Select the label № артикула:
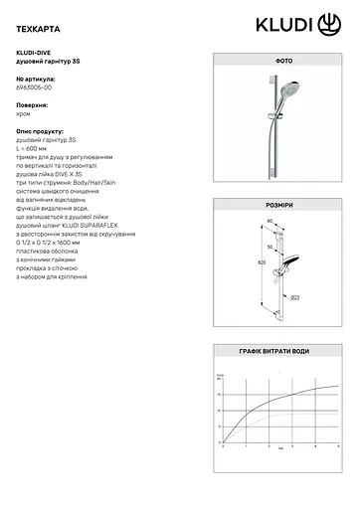(x=36, y=78)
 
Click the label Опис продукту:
(x=39, y=130)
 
